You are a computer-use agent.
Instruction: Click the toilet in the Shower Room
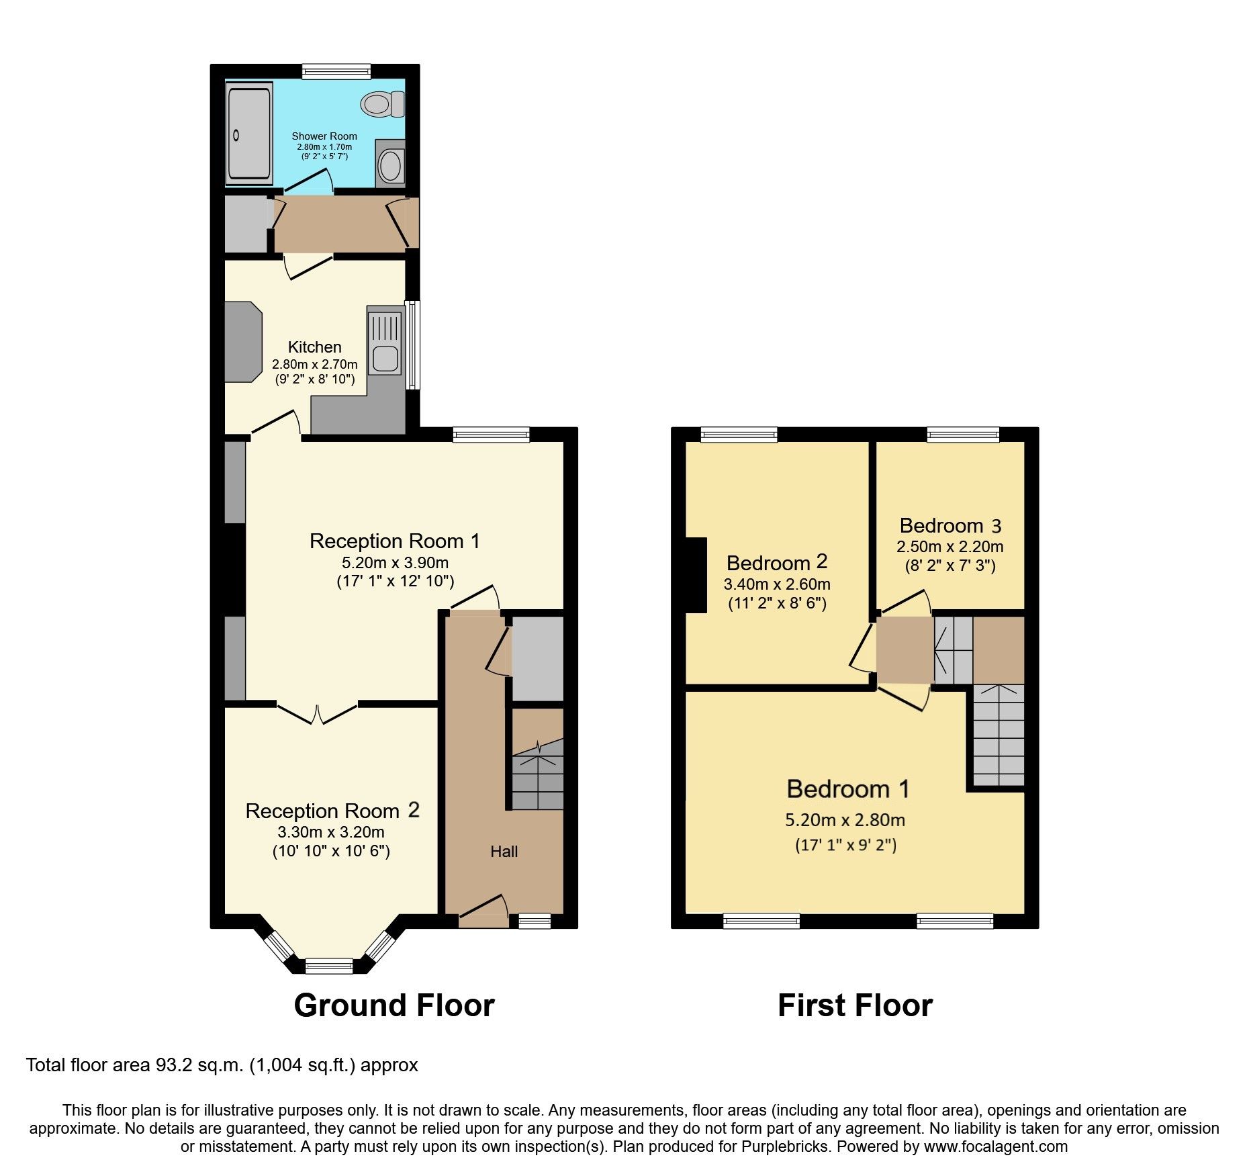click(x=381, y=104)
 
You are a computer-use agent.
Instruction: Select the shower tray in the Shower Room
click(x=248, y=133)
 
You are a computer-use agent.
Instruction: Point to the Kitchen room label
click(x=314, y=347)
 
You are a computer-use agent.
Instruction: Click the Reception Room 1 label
click(x=394, y=541)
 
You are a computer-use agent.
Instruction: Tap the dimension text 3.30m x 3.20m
click(x=331, y=832)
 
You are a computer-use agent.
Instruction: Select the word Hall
click(x=504, y=852)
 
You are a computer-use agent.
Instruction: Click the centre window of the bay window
click(x=329, y=966)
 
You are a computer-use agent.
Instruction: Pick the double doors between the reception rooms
click(x=317, y=713)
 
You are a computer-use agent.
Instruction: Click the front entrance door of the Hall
click(x=483, y=911)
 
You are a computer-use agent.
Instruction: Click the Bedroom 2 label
click(x=777, y=563)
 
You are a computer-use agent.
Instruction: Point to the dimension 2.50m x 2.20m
click(x=950, y=547)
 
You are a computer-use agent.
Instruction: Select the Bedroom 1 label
click(x=848, y=788)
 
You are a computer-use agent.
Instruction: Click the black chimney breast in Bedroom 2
click(x=696, y=575)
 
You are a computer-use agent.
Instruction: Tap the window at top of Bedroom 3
click(x=963, y=435)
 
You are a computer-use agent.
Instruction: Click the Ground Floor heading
click(x=394, y=1005)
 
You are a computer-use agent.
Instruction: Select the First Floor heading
click(x=855, y=1005)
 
